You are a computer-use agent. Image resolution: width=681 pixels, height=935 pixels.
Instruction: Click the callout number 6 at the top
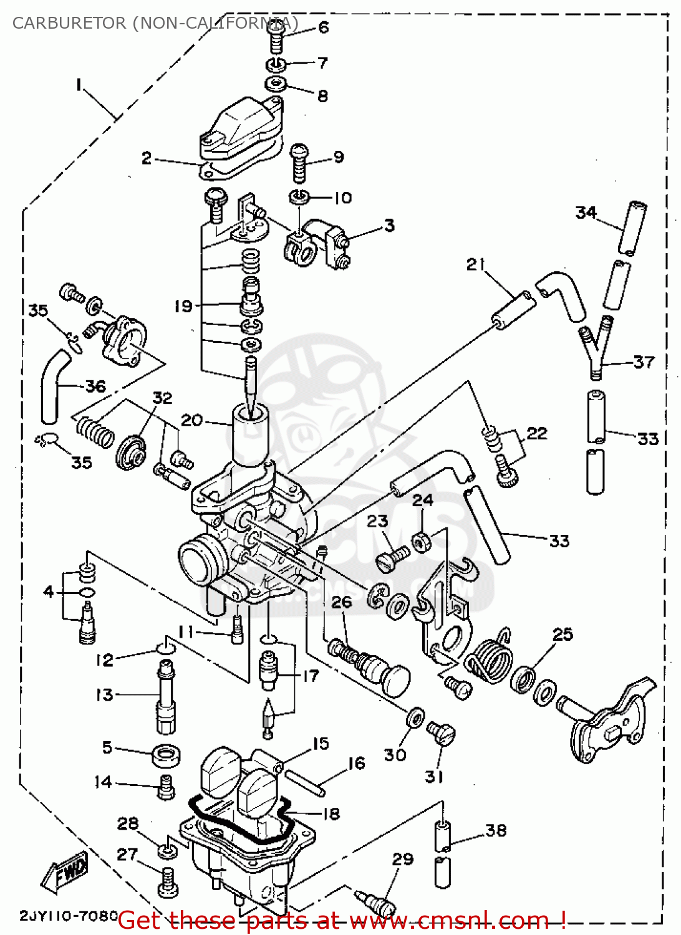pos(323,27)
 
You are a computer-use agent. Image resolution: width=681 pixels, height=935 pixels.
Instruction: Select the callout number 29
pos(403,859)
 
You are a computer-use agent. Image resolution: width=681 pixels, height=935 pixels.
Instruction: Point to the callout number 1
pos(79,84)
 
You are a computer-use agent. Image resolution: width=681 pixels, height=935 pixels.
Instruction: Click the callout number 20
pos(191,420)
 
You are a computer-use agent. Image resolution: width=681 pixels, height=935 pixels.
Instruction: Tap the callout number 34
pos(586,213)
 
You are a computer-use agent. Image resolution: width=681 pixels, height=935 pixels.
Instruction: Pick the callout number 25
pos(563,635)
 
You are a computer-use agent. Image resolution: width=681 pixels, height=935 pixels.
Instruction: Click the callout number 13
pos(104,694)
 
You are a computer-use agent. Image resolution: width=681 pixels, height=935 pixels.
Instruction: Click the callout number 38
pos(496,830)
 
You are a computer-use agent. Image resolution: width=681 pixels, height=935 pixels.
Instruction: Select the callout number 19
pos(183,306)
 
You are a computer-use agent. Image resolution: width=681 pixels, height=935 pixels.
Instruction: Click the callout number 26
pos(342,602)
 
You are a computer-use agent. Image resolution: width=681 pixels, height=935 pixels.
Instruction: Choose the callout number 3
pos(389,225)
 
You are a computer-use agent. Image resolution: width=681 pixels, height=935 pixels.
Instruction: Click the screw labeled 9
pos(299,163)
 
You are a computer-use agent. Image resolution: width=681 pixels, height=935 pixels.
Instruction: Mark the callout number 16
pos(356,764)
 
